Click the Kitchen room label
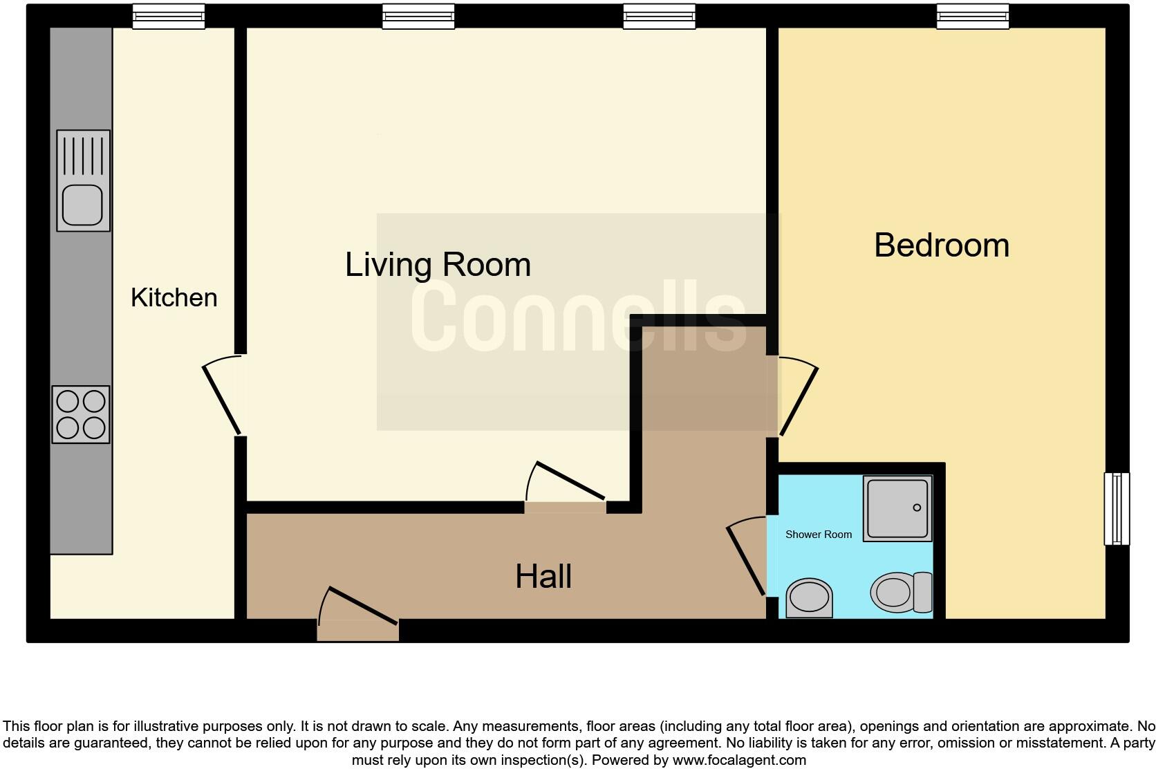(x=174, y=298)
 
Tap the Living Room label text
(x=438, y=265)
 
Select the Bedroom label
(x=941, y=245)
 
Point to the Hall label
(x=543, y=577)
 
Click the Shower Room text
(x=818, y=535)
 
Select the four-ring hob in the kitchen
(x=81, y=414)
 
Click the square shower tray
(x=897, y=508)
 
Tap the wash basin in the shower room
(x=809, y=597)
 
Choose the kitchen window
(x=169, y=17)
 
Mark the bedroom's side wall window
(x=1116, y=508)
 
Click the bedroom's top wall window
(x=972, y=17)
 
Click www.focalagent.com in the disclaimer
(x=738, y=760)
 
